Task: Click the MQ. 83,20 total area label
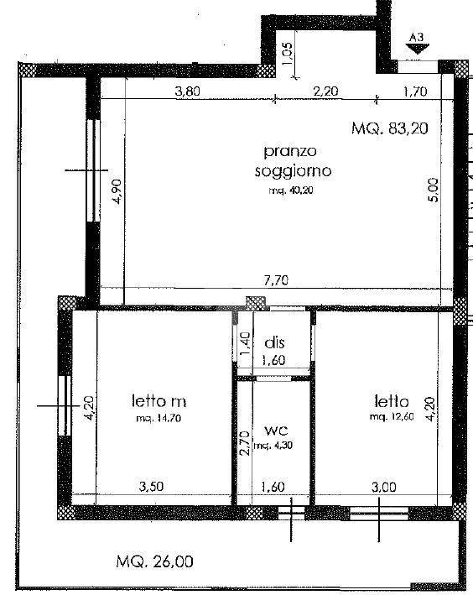point(390,128)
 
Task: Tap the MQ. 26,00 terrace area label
point(155,561)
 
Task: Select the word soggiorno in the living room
point(293,171)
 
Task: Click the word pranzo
point(290,151)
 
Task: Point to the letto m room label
point(159,400)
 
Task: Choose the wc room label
point(276,431)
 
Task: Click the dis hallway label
point(274,342)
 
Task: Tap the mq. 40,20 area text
point(291,191)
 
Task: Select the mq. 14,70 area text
point(159,419)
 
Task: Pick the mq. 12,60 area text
point(392,416)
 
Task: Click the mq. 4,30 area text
point(273,445)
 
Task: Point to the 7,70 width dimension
point(276,280)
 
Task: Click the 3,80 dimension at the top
point(187,91)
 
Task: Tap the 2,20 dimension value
point(325,91)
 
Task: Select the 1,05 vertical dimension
point(288,53)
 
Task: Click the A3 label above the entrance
point(417,38)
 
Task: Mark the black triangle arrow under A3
point(418,49)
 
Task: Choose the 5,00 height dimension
point(434,191)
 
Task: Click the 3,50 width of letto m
point(151,487)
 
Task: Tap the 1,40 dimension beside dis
point(246,343)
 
